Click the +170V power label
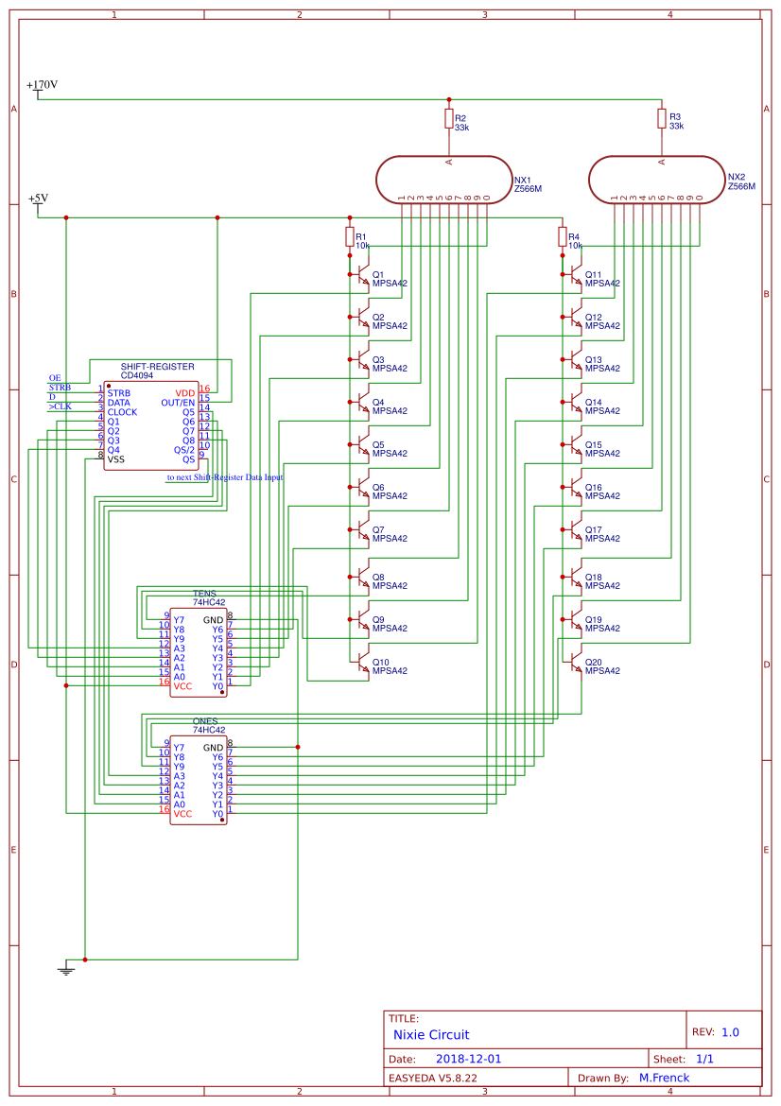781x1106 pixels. pos(42,85)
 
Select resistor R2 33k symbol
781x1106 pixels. pos(449,118)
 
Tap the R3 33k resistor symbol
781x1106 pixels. pos(662,118)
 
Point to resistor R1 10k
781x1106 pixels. pos(350,236)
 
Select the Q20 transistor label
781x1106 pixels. pos(593,662)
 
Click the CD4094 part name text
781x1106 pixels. pos(143,375)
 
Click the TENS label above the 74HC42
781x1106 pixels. pos(204,594)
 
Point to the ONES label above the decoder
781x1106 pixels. pos(204,721)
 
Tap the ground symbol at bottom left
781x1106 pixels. pos(66,968)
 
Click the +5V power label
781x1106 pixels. pos(38,199)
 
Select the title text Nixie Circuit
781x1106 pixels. pos(431,1035)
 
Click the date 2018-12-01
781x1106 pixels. pos(469,1060)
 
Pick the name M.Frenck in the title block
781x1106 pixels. pos(664,1078)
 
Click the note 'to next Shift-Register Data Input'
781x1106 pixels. pos(225,477)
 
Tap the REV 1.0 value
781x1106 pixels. pos(730,1032)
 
